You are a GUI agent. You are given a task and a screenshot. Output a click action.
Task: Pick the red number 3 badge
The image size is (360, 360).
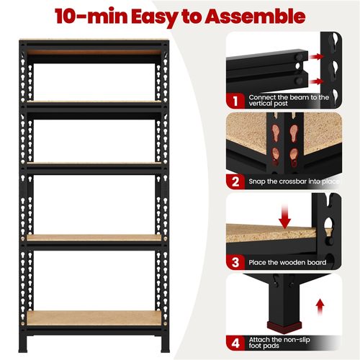click(x=235, y=262)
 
